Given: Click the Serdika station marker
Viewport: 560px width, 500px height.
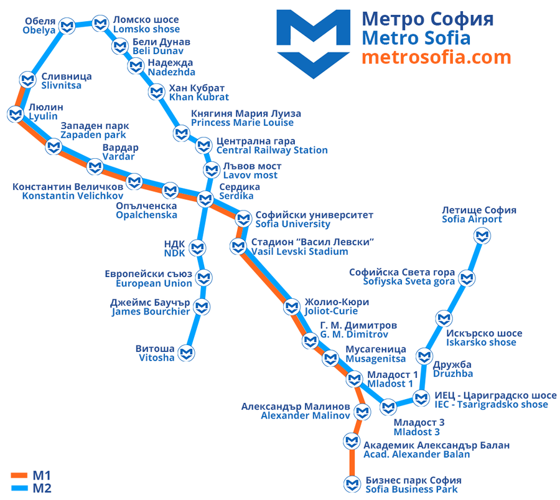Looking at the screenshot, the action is point(205,199).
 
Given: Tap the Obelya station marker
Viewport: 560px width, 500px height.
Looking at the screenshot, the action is point(67,26).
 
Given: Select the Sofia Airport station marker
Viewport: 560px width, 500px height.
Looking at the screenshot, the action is point(482,236).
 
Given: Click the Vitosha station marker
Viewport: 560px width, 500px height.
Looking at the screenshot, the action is point(187,354).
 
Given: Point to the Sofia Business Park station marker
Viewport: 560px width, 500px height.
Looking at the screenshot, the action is point(352,484).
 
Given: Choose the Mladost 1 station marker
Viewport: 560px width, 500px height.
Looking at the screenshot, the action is point(354,379).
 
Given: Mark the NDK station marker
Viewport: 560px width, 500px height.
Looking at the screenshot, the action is point(197,248).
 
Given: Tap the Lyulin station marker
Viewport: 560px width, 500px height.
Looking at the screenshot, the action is point(16,115).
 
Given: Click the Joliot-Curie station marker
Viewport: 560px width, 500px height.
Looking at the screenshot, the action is point(292,306).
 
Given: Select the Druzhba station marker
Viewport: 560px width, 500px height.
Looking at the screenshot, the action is point(424,356).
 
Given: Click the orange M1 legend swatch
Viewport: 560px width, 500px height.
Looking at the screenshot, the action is point(19,475).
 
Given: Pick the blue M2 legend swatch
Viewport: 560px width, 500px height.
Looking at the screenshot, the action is point(19,488).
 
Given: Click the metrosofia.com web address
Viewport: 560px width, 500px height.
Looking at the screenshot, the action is point(436,57).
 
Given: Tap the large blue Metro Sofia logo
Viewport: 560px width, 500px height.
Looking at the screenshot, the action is point(313,44).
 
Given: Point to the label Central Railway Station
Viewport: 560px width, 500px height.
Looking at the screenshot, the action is point(272,150).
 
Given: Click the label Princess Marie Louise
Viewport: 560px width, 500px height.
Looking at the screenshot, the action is point(242,123).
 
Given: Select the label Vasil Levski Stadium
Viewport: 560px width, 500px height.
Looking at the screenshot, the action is point(299,252).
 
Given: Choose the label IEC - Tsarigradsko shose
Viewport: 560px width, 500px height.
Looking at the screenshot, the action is point(491,405).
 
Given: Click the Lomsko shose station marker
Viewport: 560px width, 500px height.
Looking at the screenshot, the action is point(100,24).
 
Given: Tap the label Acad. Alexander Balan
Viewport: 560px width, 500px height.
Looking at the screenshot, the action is point(416,455).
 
